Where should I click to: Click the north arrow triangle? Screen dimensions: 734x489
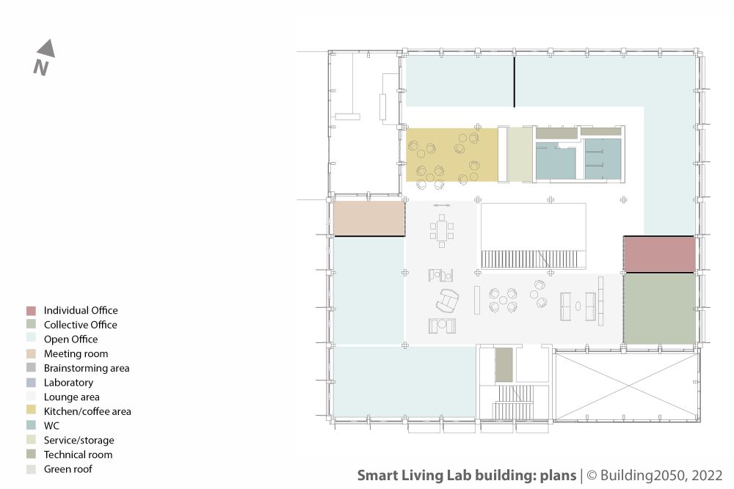[x=47, y=49]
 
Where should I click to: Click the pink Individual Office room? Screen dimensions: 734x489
[x=659, y=254]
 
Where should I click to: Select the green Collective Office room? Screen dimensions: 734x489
[x=659, y=309]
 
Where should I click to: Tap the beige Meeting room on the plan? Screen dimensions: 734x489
[x=369, y=218]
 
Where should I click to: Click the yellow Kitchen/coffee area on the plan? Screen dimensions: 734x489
[x=451, y=155]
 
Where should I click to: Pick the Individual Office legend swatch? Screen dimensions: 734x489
[x=31, y=311]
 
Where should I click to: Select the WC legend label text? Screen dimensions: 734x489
[x=51, y=426]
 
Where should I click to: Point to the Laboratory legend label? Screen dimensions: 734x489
[x=68, y=383]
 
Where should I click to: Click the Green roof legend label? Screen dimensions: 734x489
[x=68, y=469]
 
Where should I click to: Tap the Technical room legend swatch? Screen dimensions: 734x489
[x=31, y=455]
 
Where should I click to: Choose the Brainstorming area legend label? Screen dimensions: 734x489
[x=87, y=368]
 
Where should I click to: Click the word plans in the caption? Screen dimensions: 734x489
[x=558, y=476]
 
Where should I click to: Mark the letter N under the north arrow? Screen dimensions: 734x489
[x=40, y=67]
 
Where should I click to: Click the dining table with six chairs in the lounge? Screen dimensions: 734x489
[x=442, y=231]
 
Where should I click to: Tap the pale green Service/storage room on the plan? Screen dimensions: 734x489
[x=520, y=155]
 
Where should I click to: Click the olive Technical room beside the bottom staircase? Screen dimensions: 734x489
[x=504, y=364]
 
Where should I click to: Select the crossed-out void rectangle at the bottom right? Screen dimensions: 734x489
[x=627, y=386]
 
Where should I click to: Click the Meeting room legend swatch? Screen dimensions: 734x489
[x=31, y=354]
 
